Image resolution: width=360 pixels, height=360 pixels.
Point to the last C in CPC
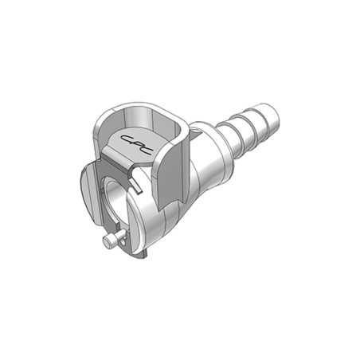[147, 152]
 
